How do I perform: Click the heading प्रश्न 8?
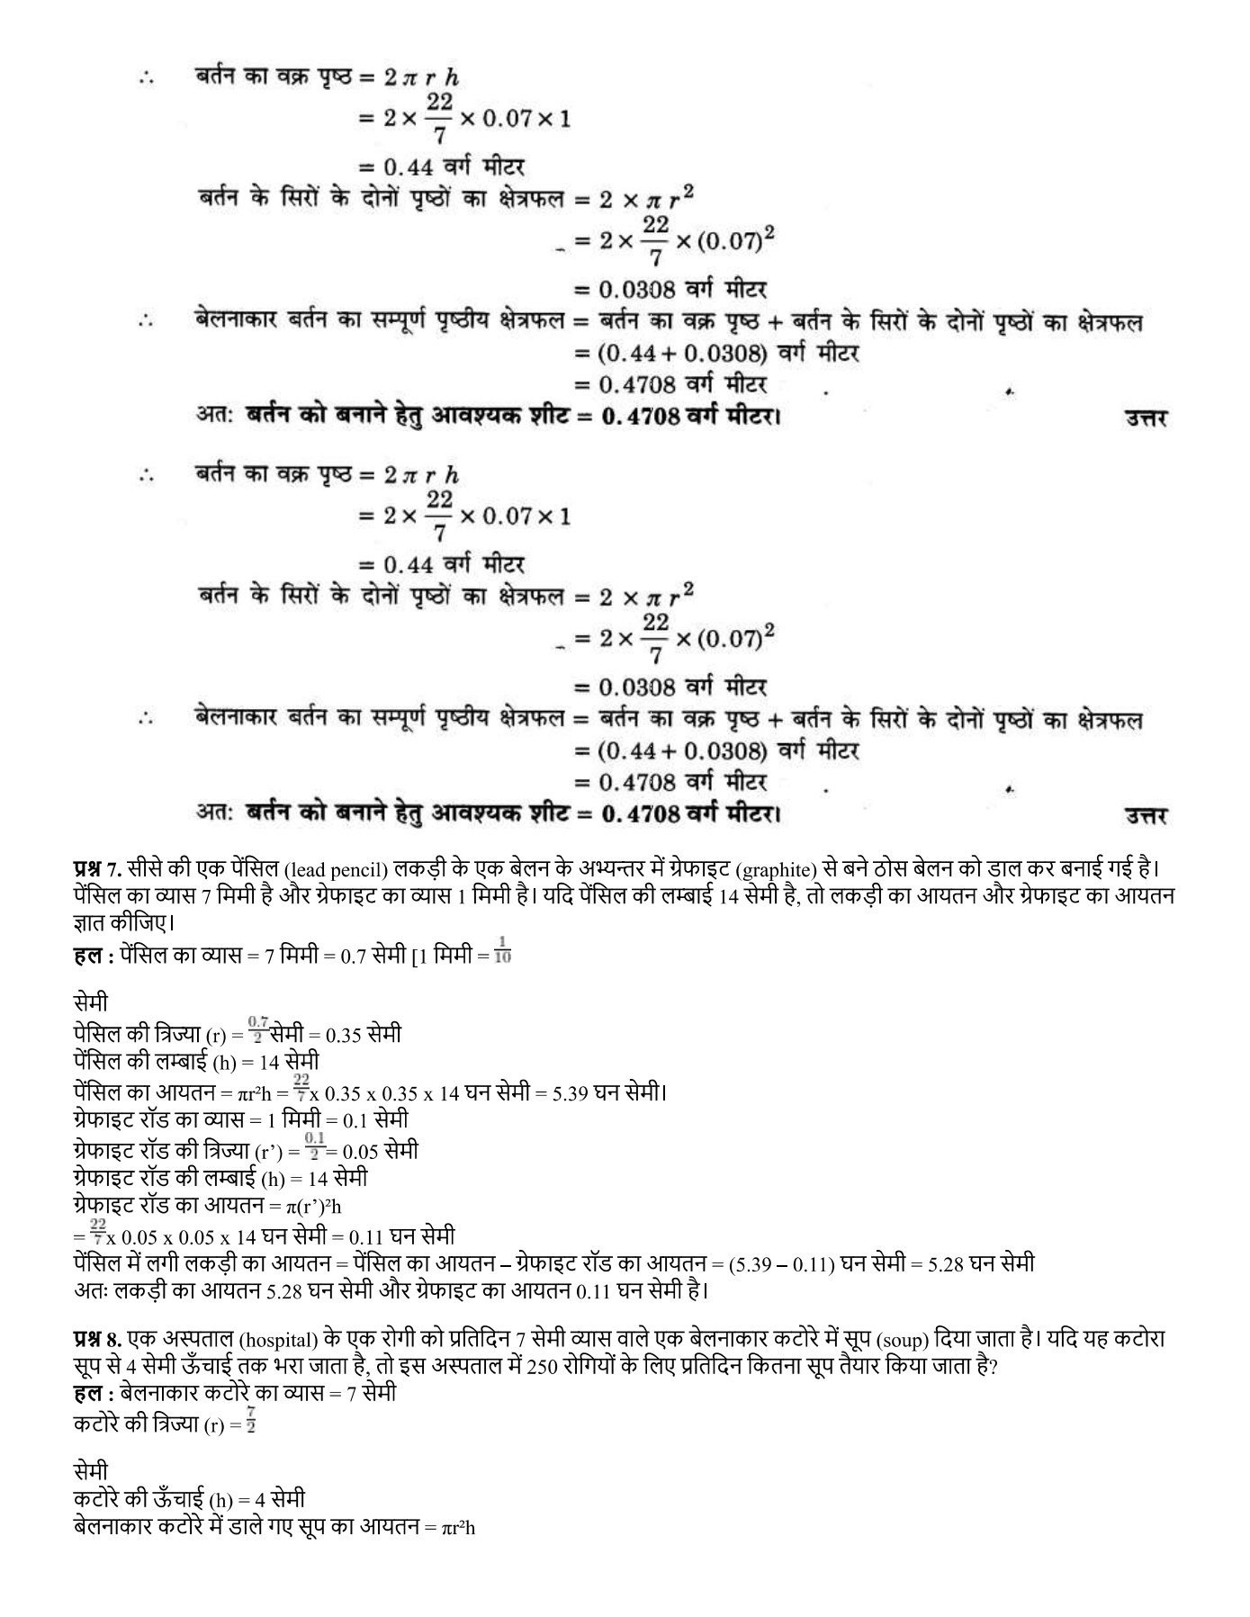[96, 1339]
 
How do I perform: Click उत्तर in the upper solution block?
[1145, 418]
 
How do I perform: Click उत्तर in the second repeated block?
[1145, 816]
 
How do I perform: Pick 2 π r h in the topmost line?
[420, 79]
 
